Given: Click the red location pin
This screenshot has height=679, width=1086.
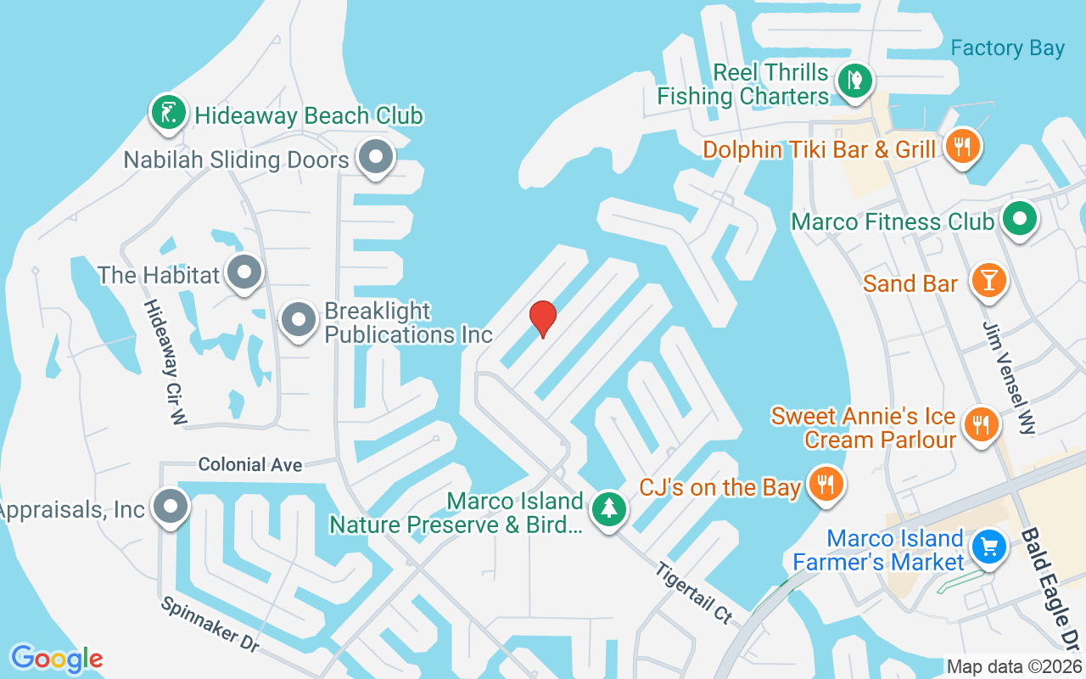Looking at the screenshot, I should [542, 317].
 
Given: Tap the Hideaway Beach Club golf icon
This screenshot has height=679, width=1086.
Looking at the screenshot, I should [168, 112].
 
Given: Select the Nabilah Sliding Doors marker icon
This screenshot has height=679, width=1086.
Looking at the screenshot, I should [374, 158].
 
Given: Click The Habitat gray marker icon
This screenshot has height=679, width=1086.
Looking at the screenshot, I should [245, 272].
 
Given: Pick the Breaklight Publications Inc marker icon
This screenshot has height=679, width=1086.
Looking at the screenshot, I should [298, 320].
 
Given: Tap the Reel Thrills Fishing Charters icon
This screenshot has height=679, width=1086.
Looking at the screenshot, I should [855, 81].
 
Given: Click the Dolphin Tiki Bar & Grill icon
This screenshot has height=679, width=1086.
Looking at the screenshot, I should [961, 146].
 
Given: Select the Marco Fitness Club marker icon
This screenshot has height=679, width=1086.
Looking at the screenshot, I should [1019, 220].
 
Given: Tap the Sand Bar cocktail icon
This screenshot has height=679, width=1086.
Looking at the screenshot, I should [988, 280].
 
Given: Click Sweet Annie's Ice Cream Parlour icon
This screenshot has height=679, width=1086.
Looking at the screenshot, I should [982, 423].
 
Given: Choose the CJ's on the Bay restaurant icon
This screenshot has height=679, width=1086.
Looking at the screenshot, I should [823, 485].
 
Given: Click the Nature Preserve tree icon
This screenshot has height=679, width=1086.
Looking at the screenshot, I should [608, 509].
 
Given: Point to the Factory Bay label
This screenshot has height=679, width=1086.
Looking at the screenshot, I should [1007, 48].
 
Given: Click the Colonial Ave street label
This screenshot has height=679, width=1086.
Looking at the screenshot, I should [250, 465].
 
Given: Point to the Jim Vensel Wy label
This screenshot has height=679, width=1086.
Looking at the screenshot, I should [1009, 378].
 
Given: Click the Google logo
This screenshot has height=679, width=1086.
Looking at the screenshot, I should [57, 659].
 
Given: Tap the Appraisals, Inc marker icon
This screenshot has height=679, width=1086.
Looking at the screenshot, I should [171, 507].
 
